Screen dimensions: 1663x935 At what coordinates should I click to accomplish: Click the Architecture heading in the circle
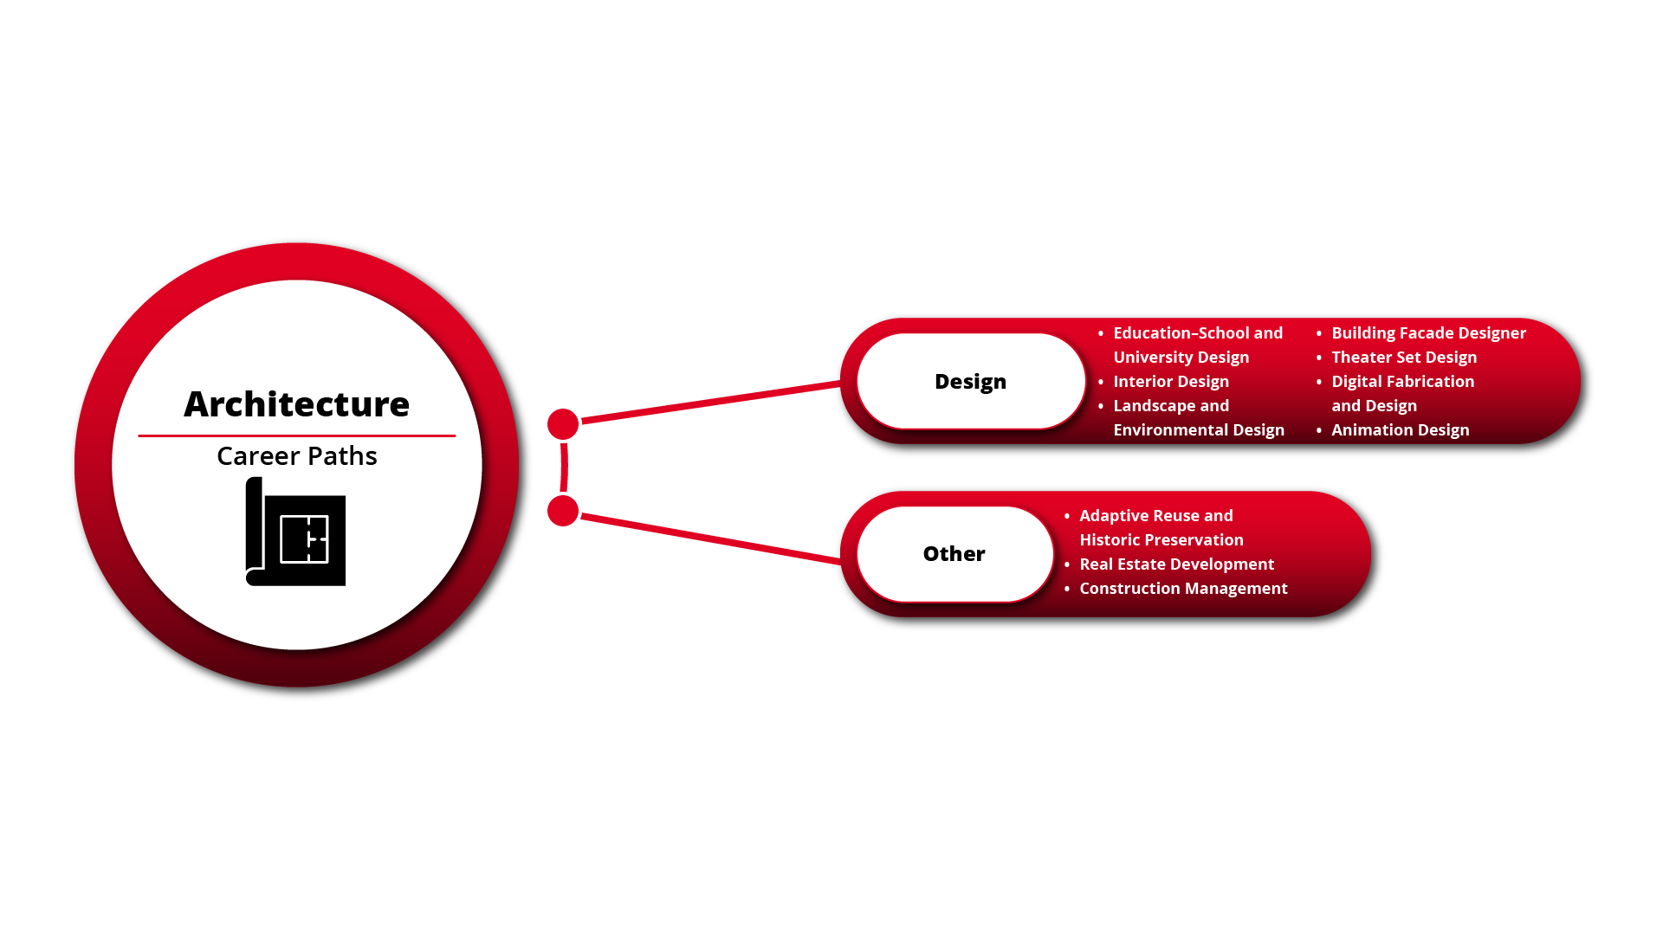coord(296,403)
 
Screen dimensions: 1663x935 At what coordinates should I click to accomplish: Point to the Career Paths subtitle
coord(296,455)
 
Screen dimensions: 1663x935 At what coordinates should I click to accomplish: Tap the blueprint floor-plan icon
coord(295,532)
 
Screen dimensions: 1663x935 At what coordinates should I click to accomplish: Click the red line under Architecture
coord(296,435)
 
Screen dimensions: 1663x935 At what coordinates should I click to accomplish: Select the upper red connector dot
coord(563,424)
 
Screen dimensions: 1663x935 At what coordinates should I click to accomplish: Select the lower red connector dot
coord(563,511)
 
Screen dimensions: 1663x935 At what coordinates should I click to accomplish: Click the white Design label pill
coord(971,381)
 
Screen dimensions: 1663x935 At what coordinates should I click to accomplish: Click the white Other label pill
coord(954,554)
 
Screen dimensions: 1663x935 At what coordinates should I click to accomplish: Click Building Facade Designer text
coord(1429,332)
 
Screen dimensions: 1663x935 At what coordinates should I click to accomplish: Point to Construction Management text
coord(1184,588)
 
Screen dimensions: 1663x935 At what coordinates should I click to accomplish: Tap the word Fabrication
coord(1430,381)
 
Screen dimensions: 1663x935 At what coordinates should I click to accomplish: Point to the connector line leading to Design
coord(711,403)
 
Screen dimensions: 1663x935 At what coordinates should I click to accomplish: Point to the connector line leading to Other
coord(711,539)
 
